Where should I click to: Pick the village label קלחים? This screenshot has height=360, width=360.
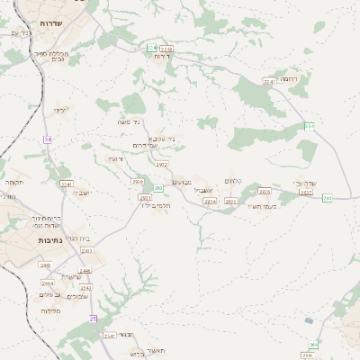pyautogui.click(x=234, y=182)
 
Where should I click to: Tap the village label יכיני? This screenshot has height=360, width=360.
pyautogui.click(x=59, y=111)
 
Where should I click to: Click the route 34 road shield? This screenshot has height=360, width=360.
pyautogui.click(x=47, y=139)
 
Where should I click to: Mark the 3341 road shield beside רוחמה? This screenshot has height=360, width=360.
pyautogui.click(x=268, y=82)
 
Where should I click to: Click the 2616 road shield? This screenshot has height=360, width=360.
pyautogui.click(x=264, y=191)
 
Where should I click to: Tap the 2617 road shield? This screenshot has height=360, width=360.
pyautogui.click(x=306, y=193)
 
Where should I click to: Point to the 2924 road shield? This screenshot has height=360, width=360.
pyautogui.click(x=210, y=202)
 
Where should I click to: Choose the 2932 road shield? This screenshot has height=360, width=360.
pyautogui.click(x=162, y=165)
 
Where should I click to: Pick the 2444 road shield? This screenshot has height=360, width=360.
pyautogui.click(x=73, y=283)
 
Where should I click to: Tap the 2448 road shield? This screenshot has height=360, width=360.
pyautogui.click(x=85, y=270)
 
